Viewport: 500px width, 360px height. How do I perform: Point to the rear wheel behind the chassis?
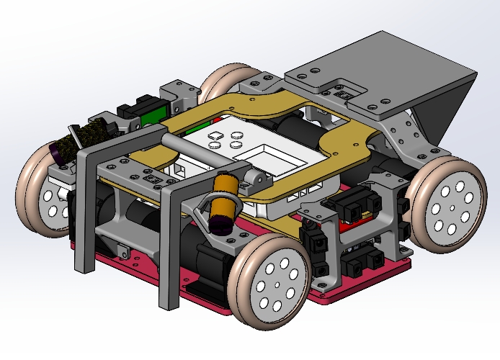click(x=226, y=81)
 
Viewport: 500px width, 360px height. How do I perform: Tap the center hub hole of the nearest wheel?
click(x=277, y=284)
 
